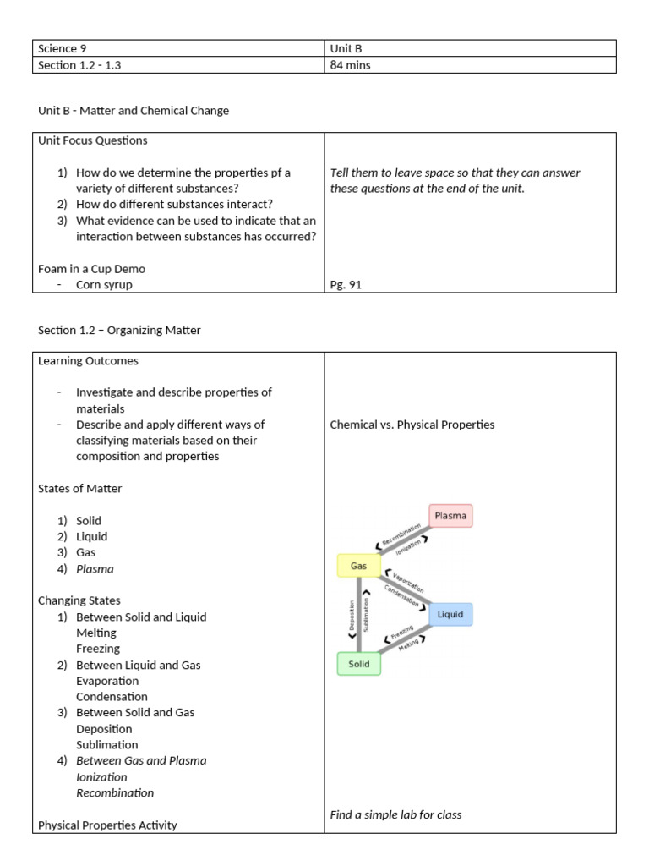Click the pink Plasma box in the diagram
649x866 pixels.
(x=450, y=515)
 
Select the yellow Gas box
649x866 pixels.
(x=358, y=565)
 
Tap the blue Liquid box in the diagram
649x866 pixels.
(x=450, y=614)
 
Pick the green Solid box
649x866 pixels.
(x=359, y=664)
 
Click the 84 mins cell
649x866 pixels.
(x=350, y=65)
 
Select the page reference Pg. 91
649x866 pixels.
(x=346, y=285)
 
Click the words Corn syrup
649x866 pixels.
(x=104, y=285)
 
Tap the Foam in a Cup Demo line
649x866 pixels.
(x=91, y=269)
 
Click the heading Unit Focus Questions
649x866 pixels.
(x=93, y=140)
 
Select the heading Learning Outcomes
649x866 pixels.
(x=88, y=360)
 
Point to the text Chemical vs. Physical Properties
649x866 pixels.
(x=412, y=425)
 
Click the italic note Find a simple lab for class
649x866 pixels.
(x=395, y=814)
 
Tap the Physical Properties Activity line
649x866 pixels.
(x=107, y=825)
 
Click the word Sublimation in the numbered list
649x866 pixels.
(x=106, y=744)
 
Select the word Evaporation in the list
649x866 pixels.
(x=107, y=681)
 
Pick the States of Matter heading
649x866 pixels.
(x=79, y=488)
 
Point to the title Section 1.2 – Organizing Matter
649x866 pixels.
(x=119, y=330)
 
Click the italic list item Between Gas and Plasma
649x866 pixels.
(x=141, y=760)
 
